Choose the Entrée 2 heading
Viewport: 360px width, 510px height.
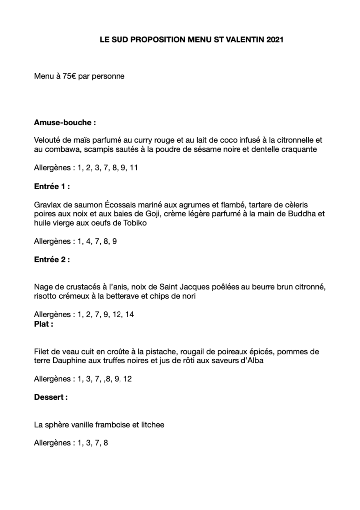click(x=52, y=259)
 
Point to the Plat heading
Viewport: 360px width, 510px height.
click(x=44, y=323)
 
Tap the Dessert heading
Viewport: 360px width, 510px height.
click(x=51, y=398)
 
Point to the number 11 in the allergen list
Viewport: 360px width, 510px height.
click(x=133, y=168)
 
